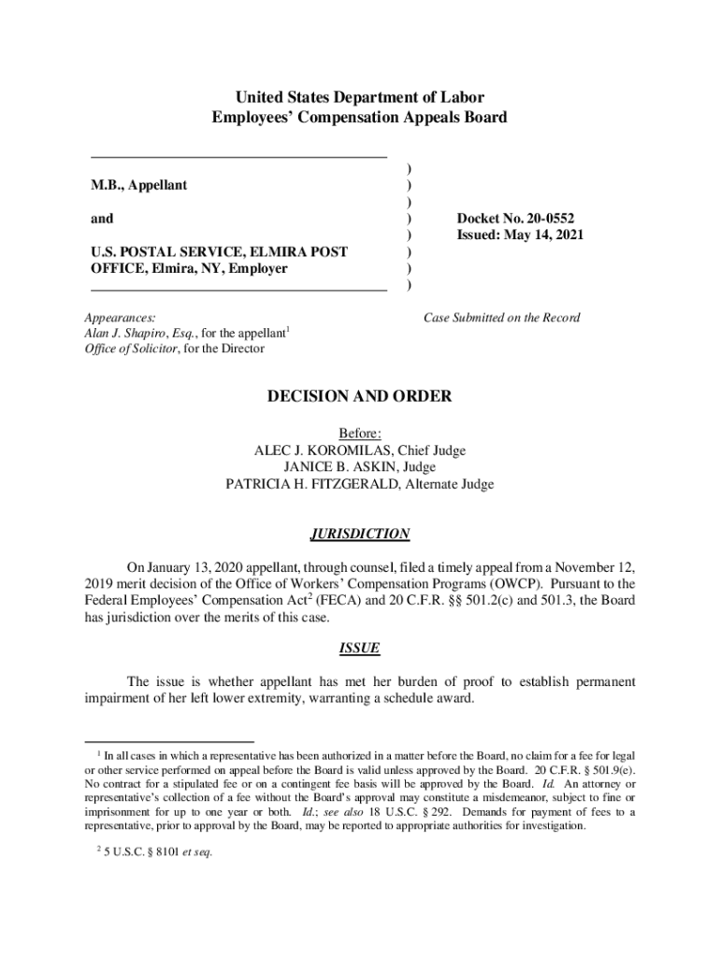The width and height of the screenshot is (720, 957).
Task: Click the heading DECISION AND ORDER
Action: (359, 396)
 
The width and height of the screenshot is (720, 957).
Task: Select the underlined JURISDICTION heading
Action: (359, 535)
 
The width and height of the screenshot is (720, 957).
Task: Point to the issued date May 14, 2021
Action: (545, 236)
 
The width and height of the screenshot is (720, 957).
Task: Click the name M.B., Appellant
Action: (138, 185)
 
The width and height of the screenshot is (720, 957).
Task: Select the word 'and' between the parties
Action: (102, 219)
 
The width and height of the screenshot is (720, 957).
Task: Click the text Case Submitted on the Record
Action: (501, 318)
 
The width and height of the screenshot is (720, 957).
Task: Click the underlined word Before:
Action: (359, 434)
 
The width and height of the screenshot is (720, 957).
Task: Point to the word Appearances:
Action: (120, 318)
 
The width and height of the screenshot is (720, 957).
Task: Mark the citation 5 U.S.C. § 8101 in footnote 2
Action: (140, 851)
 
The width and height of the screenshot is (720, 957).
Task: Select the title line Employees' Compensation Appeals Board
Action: (359, 118)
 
